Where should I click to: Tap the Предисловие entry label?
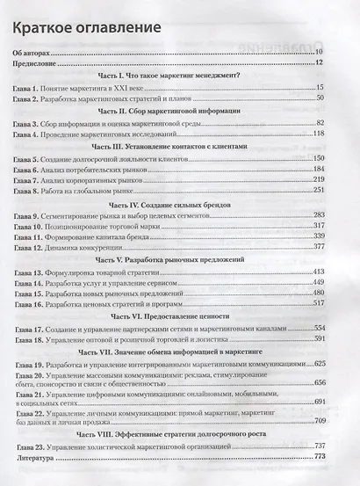(x=35, y=63)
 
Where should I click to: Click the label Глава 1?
(x=27, y=88)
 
